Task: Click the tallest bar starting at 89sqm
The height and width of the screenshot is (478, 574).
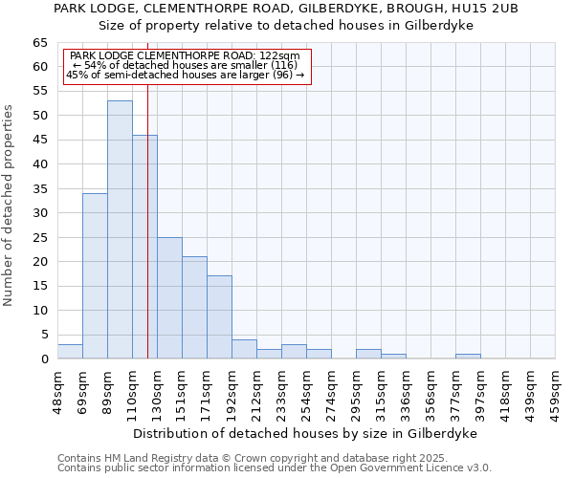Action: pos(120,229)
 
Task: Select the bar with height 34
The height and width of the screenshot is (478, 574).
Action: pos(95,275)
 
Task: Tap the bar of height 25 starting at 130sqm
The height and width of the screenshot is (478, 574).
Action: pos(169,297)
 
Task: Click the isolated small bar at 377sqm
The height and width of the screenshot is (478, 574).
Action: pos(468,357)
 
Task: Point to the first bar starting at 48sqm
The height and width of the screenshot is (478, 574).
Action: pos(70,352)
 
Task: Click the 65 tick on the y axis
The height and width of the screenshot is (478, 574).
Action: pos(40,43)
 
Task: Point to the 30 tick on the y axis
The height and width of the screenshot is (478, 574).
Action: pos(40,213)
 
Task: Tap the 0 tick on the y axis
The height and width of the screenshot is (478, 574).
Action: pos(44,359)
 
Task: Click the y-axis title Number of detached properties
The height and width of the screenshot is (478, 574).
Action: pos(10,206)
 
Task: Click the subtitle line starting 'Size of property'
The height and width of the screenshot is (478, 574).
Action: pos(286,25)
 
